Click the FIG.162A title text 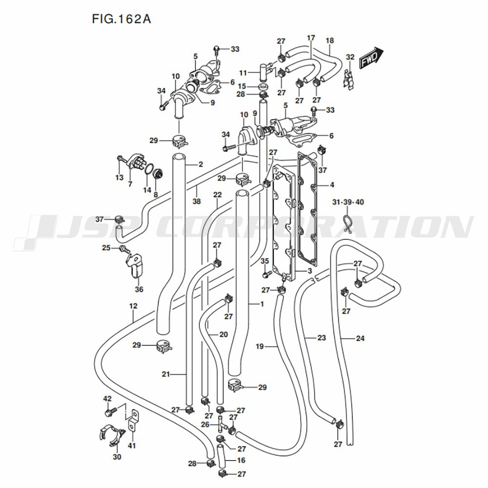point(122,20)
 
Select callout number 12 point(133,306)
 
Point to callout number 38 point(196,201)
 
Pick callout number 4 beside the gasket point(332,185)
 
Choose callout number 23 point(321,338)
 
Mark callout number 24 point(360,338)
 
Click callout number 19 point(260,346)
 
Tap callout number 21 point(165,374)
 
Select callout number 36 point(139,289)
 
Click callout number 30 point(117,457)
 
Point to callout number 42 point(107,399)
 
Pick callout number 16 point(241,460)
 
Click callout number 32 point(350,57)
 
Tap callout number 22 point(218,195)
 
